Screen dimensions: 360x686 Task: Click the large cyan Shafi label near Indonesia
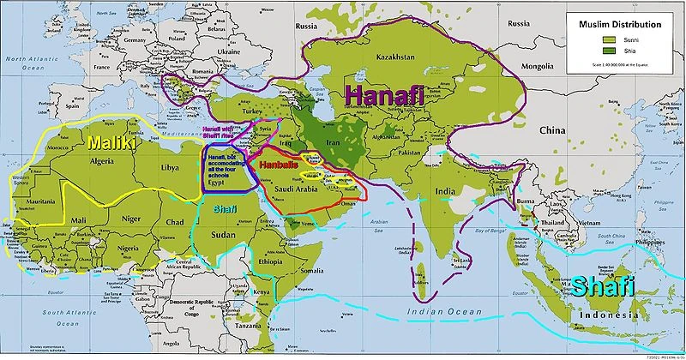604,285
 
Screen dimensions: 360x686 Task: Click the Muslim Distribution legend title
618,25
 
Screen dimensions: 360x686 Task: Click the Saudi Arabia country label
295,190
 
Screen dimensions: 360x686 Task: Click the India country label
444,190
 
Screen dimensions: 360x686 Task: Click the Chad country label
175,222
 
